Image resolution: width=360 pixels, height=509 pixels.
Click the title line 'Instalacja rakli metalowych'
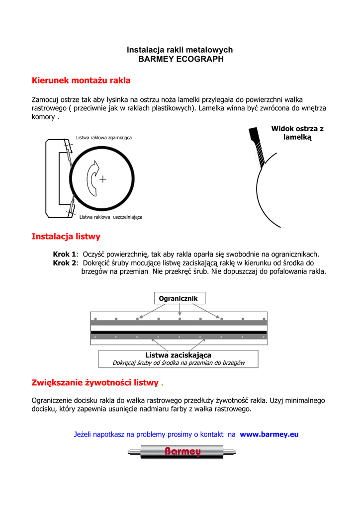[180, 50]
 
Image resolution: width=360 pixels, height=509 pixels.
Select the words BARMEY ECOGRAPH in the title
[180, 59]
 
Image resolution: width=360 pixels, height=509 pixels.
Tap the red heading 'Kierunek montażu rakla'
[81, 80]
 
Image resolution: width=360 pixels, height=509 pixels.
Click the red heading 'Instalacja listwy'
[66, 236]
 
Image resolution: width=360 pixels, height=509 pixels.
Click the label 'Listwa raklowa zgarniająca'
[103, 137]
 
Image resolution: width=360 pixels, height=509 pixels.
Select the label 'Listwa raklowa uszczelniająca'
[111, 217]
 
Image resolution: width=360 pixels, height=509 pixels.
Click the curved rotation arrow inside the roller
[92, 179]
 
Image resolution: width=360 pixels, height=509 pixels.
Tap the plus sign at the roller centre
[102, 179]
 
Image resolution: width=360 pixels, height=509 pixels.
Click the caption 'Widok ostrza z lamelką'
[297, 133]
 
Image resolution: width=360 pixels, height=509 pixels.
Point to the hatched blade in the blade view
[258, 150]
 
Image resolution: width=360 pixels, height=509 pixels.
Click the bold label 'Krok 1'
[65, 254]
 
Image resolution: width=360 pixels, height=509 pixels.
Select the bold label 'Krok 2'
[65, 262]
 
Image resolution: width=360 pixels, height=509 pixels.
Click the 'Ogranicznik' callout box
[178, 298]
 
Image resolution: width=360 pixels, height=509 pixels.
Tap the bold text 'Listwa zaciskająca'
[178, 355]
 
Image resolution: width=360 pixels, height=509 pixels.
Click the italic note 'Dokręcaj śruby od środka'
[179, 363]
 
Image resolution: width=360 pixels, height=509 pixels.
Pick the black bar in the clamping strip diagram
[179, 332]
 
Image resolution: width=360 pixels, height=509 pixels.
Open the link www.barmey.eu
[269, 434]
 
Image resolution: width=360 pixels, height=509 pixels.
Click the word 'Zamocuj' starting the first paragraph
[45, 99]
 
